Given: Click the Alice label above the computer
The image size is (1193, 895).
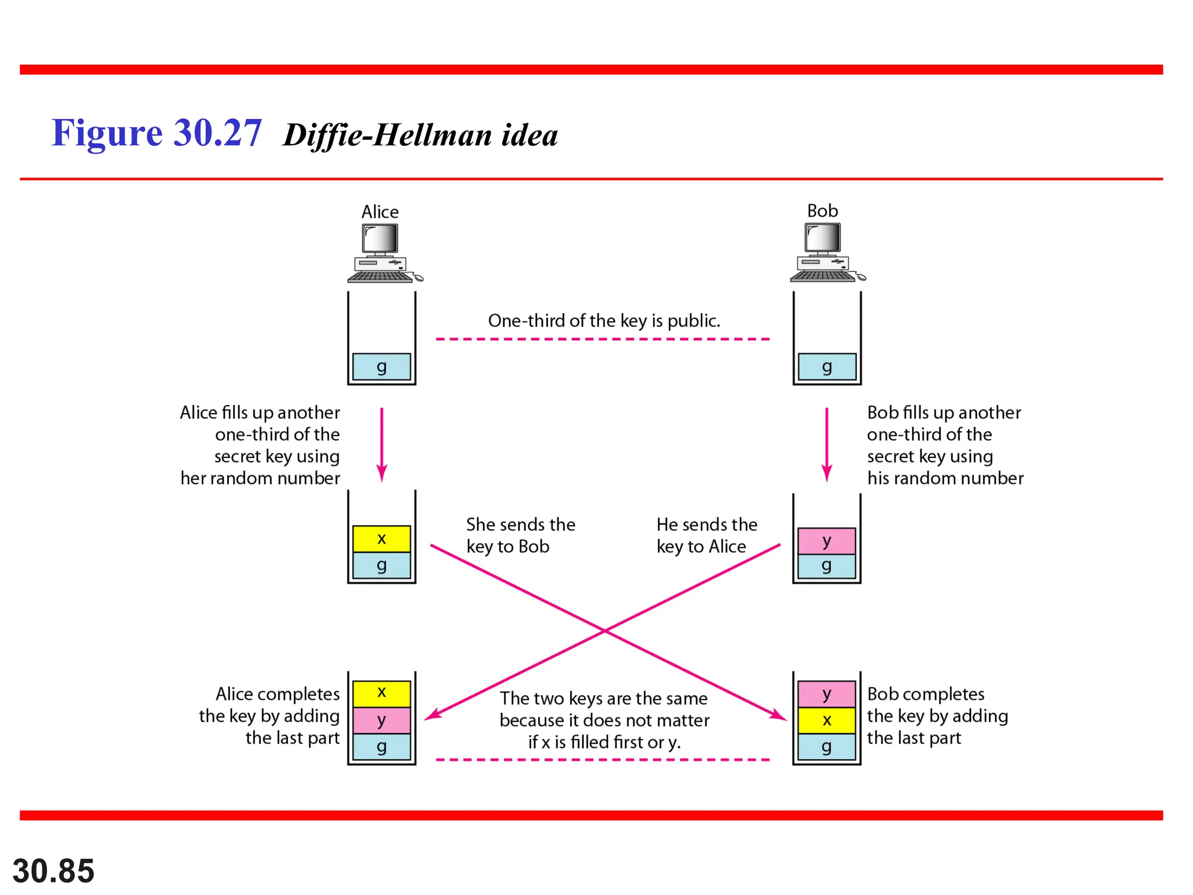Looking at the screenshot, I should coord(380,212).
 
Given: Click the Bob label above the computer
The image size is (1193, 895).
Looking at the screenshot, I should coord(822,210).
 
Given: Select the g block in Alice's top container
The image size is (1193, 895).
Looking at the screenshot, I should coord(382,367).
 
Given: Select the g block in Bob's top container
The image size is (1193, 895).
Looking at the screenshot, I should coord(827,367).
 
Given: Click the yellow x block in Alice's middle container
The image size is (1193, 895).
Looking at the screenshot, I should coord(382,538).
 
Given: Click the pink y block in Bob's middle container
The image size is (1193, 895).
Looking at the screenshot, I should coord(827,541).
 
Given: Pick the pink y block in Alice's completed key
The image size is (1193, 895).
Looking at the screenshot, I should coord(382,720).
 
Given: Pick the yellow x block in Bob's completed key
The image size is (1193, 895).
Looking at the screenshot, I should coord(827,720).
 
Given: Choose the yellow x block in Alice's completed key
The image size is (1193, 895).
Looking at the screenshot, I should coord(382,692).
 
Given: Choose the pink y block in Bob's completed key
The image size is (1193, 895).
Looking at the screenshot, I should coord(827,694).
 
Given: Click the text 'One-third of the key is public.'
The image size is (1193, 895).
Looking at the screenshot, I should coord(604,320).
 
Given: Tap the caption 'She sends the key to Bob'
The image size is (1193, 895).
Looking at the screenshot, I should coord(520,535).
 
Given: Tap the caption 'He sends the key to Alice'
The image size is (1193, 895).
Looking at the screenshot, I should coord(707,535).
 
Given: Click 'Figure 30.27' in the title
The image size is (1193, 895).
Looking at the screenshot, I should coord(157,133).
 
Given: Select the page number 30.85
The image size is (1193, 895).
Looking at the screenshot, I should coord(54,871).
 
